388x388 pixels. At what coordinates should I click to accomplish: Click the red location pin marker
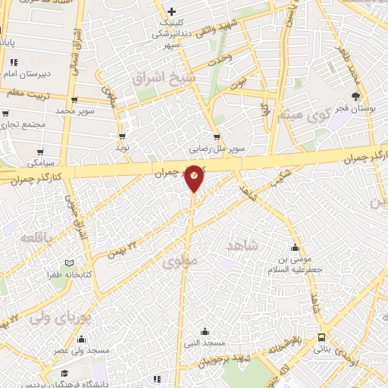[x=195, y=177]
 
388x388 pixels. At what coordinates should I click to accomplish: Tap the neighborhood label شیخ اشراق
[x=164, y=78]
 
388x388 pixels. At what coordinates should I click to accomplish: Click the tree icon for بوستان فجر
[x=355, y=96]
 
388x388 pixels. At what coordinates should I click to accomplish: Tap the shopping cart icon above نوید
[x=121, y=137]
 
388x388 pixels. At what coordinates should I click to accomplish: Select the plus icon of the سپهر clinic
[x=173, y=11]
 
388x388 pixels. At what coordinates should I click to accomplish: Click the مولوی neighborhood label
[x=180, y=262]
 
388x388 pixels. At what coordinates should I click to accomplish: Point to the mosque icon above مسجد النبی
[x=205, y=331]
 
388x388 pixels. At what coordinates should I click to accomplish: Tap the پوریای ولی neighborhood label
[x=60, y=317]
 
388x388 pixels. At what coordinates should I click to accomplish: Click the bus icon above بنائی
[x=324, y=337]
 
